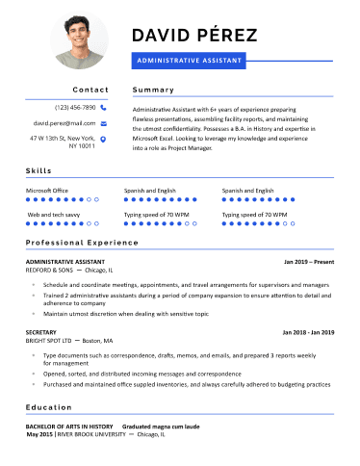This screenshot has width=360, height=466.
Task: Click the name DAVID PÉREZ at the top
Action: [x=193, y=37]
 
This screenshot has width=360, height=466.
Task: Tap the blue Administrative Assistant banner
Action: [x=190, y=60]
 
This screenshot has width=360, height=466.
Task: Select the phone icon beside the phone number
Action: [x=103, y=108]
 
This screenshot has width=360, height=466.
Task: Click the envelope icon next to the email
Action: [x=103, y=123]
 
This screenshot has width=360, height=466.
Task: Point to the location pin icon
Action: [x=103, y=140]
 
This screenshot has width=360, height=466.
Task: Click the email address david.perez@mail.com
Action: [x=64, y=123]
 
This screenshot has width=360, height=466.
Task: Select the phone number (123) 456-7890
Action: [x=75, y=108]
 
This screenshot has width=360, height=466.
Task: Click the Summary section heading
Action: [x=153, y=90]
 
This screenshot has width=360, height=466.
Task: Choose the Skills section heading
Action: [x=39, y=170]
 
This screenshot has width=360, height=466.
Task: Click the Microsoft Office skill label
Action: [x=47, y=191]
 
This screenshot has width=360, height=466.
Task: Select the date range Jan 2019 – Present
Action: [x=308, y=261]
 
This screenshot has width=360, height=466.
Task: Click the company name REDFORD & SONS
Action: [x=49, y=271]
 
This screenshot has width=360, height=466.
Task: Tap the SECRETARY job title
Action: [x=41, y=331]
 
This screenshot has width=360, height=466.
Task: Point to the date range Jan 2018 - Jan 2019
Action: [x=307, y=331]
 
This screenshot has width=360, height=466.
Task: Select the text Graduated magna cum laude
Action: [x=160, y=426]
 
